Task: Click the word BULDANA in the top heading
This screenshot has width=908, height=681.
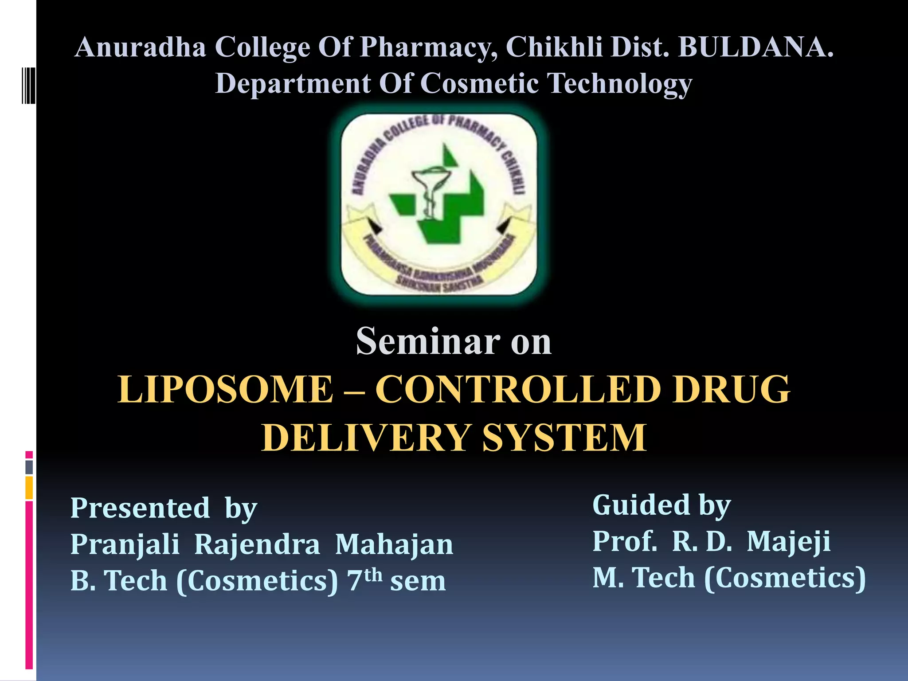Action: pyautogui.click(x=755, y=47)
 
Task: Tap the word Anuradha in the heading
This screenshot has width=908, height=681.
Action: pyautogui.click(x=141, y=47)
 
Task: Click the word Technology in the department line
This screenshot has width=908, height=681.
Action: pyautogui.click(x=619, y=84)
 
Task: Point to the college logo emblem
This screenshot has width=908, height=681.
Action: pyautogui.click(x=439, y=204)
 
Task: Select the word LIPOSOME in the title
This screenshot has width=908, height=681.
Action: pyautogui.click(x=225, y=389)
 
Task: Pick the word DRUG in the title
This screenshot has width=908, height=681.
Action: pyautogui.click(x=731, y=389)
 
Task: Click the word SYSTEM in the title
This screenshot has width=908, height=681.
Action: pyautogui.click(x=564, y=438)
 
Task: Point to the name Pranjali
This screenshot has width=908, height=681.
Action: pyautogui.click(x=125, y=544)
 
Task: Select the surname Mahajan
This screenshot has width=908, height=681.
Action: pyautogui.click(x=394, y=544)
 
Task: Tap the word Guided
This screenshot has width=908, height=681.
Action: pyautogui.click(x=641, y=505)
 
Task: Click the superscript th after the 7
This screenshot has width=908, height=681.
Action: pyautogui.click(x=373, y=575)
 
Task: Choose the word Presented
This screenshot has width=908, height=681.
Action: pyautogui.click(x=140, y=508)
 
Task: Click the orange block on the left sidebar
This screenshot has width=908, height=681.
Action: pyautogui.click(x=29, y=488)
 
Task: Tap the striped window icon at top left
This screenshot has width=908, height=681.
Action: pyautogui.click(x=28, y=85)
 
